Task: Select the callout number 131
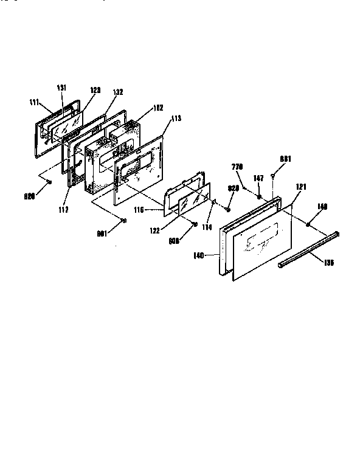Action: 61,87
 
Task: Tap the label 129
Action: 95,89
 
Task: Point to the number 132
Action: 117,92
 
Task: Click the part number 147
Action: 258,178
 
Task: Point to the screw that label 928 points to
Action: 227,209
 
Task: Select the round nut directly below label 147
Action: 260,196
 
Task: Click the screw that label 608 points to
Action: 194,224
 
